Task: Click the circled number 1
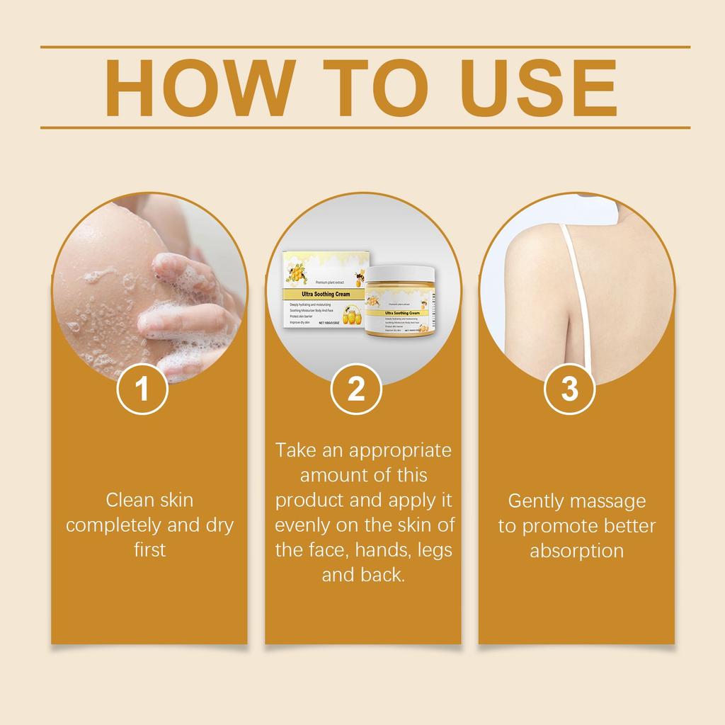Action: coord(142,389)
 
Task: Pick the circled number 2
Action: coord(356,389)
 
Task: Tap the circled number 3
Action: coord(570,389)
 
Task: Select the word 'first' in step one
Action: coord(149,549)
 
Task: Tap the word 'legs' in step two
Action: coord(434,550)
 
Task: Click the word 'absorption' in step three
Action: coord(576,551)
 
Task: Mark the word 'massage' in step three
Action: coord(609,501)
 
